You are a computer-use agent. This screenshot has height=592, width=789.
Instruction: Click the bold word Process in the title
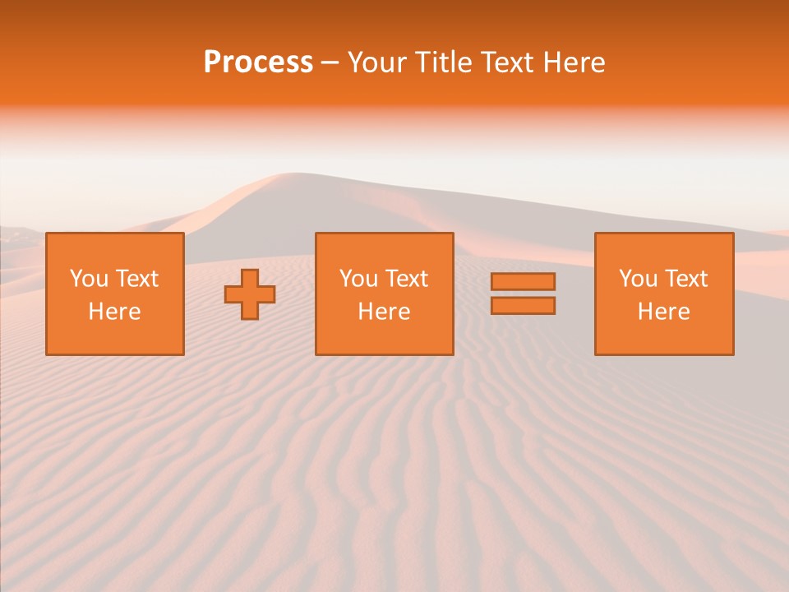pos(258,62)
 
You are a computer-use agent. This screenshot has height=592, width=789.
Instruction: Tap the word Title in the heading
pos(443,62)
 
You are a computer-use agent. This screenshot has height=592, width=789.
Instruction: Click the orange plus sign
pos(250,294)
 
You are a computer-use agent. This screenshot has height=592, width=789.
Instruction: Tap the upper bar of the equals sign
pos(523,281)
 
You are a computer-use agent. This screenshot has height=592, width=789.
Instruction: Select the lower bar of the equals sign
pos(523,306)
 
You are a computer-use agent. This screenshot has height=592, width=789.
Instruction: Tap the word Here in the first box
pos(115,312)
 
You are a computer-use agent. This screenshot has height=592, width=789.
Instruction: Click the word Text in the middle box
pos(406,279)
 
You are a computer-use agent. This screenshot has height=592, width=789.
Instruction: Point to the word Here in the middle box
pos(385,312)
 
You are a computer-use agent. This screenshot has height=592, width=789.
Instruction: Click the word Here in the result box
pos(664,312)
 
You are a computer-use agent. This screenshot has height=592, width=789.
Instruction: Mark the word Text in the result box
pos(685,279)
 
